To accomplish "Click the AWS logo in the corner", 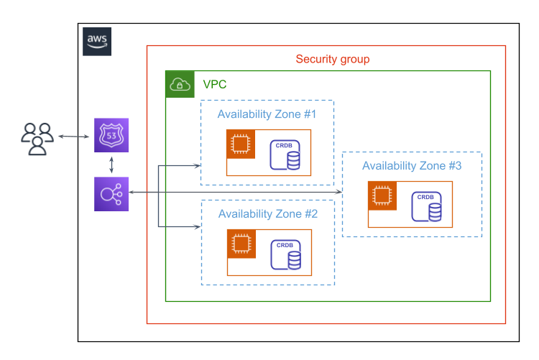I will tap(97, 41).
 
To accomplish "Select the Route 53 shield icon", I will tap(111, 136).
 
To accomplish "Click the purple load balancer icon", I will tap(111, 194).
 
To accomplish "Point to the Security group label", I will tap(333, 60).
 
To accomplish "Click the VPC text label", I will tap(215, 85).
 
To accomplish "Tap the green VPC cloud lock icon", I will tap(180, 85).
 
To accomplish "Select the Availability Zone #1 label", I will tap(267, 114).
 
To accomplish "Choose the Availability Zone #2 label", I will tap(267, 214).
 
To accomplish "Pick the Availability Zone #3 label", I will tap(412, 166).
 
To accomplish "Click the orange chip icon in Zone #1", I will tap(241, 144).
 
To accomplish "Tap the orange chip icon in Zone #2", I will tap(241, 244).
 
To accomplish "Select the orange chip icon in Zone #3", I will tap(382, 195).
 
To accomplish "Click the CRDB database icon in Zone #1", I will tap(285, 155).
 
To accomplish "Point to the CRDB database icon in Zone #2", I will tap(285, 255).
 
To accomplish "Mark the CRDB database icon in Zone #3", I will tap(427, 207).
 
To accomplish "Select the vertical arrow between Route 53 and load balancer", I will tap(111, 165).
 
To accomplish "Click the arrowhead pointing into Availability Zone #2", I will tap(197, 227).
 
